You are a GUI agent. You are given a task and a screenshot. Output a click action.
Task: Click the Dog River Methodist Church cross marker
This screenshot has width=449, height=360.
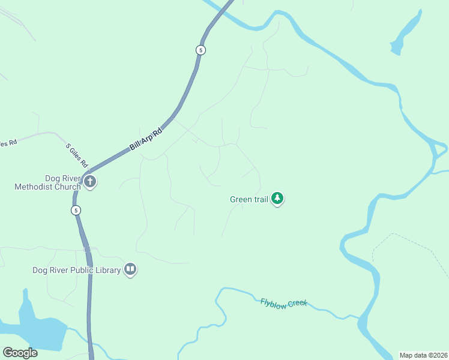[x=90, y=181]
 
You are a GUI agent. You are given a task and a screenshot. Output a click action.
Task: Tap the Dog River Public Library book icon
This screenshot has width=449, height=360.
[x=130, y=269]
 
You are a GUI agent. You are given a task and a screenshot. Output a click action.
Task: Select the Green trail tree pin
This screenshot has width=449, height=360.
[x=277, y=198]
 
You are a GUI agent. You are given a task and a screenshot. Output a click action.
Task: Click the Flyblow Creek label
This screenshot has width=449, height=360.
[x=283, y=302]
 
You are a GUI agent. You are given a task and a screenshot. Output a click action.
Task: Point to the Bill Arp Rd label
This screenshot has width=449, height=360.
[x=146, y=139]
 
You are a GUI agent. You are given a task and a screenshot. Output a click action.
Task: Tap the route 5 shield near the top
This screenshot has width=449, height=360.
[x=201, y=50]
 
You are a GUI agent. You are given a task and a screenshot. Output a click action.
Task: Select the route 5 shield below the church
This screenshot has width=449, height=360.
[x=75, y=210]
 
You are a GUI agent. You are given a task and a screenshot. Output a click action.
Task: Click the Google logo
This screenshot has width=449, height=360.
[x=20, y=352]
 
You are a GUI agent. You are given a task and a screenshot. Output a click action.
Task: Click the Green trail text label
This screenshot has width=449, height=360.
[x=249, y=199]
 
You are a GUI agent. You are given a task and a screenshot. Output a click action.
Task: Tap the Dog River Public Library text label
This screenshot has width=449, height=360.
[x=77, y=270]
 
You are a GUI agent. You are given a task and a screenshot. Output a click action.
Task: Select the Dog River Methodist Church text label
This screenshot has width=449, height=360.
[x=47, y=182]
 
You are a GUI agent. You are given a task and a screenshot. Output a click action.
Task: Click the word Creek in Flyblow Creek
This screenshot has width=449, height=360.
[x=297, y=304]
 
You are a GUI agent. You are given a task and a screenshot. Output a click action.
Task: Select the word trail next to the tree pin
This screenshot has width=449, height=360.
[x=260, y=199]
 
